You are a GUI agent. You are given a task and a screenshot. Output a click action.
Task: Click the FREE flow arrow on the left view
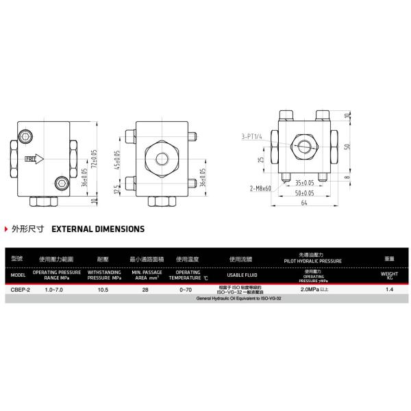(34, 158)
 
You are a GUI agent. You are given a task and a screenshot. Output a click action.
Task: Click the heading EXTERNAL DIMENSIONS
(98, 229)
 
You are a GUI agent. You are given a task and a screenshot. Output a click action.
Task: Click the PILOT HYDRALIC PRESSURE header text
(308, 262)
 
